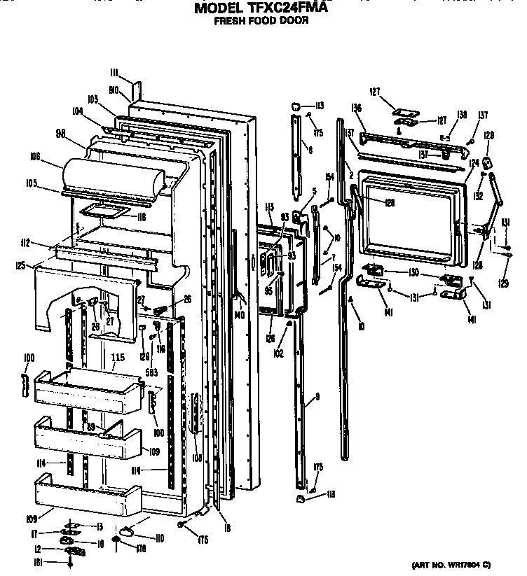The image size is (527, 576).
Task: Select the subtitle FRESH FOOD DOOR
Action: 261,22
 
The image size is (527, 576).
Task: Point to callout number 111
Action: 114,71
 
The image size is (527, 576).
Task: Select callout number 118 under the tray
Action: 141,218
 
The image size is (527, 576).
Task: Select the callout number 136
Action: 356,108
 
